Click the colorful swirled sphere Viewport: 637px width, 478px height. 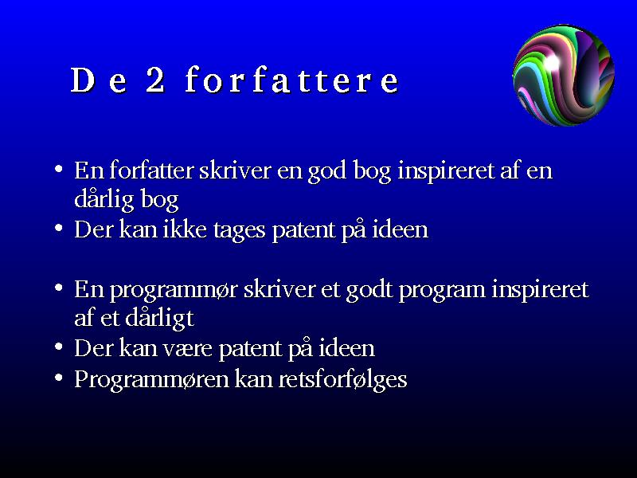pos(564,75)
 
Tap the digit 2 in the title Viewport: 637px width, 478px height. pos(155,80)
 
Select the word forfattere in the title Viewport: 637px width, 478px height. pos(291,79)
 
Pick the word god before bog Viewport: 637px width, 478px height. pos(327,171)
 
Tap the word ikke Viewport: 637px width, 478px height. pos(185,229)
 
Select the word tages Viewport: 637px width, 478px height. pos(240,231)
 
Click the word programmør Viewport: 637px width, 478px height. pos(174,291)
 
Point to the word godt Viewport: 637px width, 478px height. pos(369,291)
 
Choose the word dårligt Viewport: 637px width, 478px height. pos(159,319)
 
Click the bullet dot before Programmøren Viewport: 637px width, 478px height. pos(58,378)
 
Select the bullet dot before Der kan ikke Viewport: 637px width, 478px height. pos(58,228)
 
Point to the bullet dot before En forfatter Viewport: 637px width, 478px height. pos(58,168)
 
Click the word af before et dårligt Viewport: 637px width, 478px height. pos(84,317)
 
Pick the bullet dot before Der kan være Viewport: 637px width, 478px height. pos(58,347)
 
